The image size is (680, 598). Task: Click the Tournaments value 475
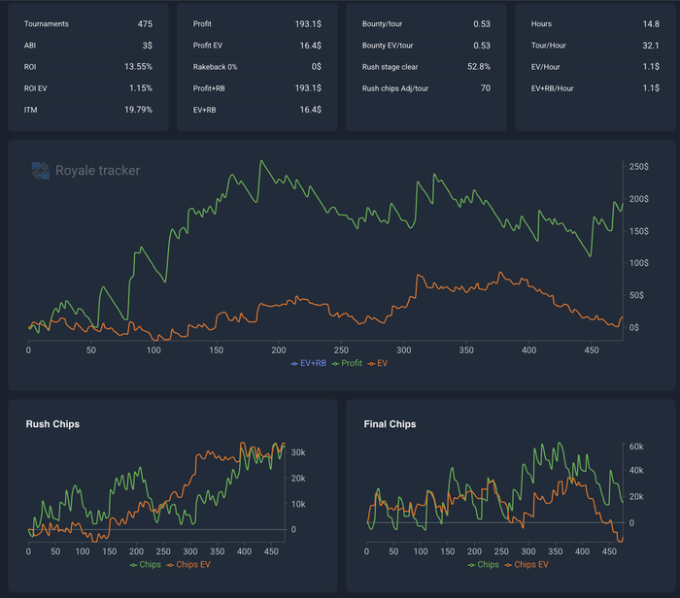pyautogui.click(x=145, y=24)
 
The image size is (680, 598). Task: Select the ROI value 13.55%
pyautogui.click(x=138, y=67)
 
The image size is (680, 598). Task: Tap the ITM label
pyautogui.click(x=30, y=110)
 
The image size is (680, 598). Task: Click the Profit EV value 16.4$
pyautogui.click(x=311, y=46)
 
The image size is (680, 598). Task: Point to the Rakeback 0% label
pyautogui.click(x=215, y=67)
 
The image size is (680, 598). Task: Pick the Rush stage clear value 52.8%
pyautogui.click(x=479, y=67)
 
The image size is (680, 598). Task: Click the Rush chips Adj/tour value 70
pyautogui.click(x=486, y=88)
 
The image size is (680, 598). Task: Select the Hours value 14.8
pyautogui.click(x=651, y=24)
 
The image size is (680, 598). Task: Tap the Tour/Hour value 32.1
pyautogui.click(x=651, y=46)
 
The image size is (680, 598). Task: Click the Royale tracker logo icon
pyautogui.click(x=41, y=170)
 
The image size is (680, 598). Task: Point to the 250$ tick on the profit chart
pyautogui.click(x=639, y=167)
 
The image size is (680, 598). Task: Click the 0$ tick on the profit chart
pyautogui.click(x=634, y=327)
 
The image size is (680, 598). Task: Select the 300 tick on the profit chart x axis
pyautogui.click(x=404, y=350)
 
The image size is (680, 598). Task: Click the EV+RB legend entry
pyautogui.click(x=308, y=363)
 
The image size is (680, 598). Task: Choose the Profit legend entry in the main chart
pyautogui.click(x=347, y=363)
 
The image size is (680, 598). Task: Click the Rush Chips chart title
pyautogui.click(x=52, y=424)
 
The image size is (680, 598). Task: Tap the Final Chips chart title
pyautogui.click(x=390, y=424)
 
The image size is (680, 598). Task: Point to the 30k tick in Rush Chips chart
pyautogui.click(x=298, y=452)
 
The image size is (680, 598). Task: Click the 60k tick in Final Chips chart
pyautogui.click(x=636, y=447)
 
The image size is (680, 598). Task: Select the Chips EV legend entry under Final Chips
pyautogui.click(x=527, y=565)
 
